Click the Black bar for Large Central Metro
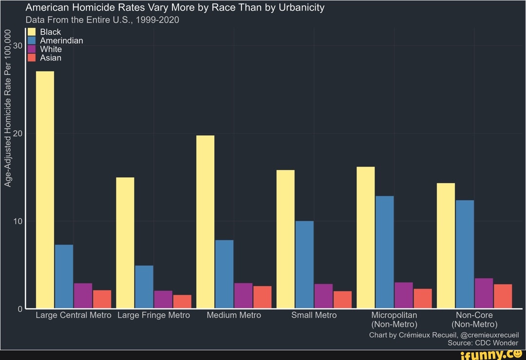45,189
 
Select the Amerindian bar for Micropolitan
385,252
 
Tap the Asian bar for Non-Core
503,296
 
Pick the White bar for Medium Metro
243,295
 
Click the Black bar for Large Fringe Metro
125,243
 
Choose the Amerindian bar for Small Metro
304,265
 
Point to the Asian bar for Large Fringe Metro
182,301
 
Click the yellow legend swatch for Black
32,32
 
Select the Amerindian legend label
61,41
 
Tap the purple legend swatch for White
32,49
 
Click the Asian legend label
51,58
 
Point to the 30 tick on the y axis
19,46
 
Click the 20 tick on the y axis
19,133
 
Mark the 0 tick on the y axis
20,309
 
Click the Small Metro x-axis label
314,315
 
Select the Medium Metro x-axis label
234,315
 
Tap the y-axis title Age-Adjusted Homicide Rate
8,108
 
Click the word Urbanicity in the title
301,8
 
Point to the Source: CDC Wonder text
483,342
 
